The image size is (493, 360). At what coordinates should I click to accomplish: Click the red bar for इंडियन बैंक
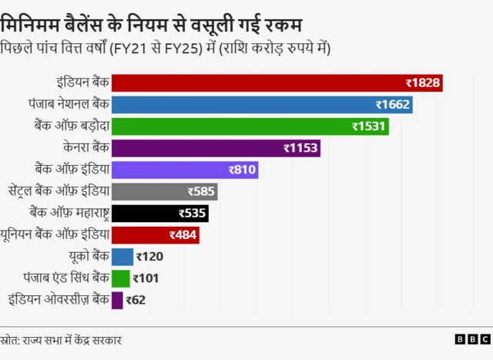[x=277, y=82]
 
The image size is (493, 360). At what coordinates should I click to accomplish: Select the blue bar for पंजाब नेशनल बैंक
[x=262, y=104]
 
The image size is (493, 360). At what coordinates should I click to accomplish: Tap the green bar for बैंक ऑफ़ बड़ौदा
[x=250, y=126]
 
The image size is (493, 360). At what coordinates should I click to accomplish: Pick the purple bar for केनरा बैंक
[x=216, y=148]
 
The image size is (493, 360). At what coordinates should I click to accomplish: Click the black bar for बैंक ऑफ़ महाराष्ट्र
[x=160, y=214]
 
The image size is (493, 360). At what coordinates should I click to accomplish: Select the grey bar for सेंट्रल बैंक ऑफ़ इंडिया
[x=165, y=191]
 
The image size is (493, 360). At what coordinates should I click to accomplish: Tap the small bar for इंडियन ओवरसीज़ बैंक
[x=117, y=300]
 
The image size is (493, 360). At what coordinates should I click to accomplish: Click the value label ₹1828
[x=423, y=82]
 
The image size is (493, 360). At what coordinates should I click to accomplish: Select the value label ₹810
[x=242, y=170]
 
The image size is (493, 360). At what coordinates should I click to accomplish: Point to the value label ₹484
[x=183, y=235]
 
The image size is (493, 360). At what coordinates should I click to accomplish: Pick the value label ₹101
[x=146, y=278]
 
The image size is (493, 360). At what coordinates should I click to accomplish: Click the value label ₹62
[x=136, y=300]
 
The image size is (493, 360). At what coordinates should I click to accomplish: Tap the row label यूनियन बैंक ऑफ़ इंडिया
[x=55, y=234]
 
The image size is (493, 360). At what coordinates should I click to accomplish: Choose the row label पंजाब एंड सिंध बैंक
[x=68, y=278]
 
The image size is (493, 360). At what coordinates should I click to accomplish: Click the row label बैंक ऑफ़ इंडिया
[x=72, y=169]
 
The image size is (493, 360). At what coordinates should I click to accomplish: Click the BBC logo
[x=471, y=339]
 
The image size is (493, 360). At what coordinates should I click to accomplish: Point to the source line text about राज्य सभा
[x=61, y=340]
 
